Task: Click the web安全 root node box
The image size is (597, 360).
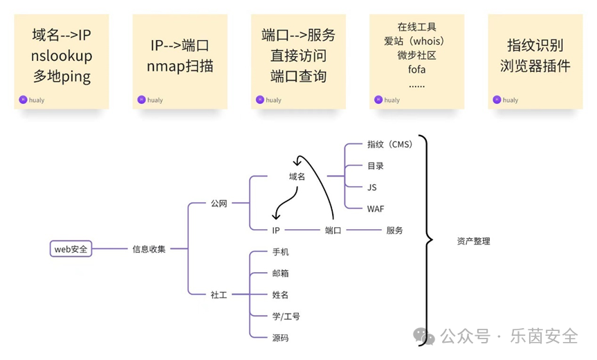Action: click(x=71, y=249)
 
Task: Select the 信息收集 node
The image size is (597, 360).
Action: click(x=149, y=249)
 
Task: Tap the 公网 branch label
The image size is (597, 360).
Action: click(x=219, y=204)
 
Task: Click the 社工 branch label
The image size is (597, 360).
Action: click(x=219, y=294)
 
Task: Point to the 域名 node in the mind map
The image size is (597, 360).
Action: click(x=297, y=177)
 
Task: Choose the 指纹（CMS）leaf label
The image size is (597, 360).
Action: click(x=389, y=145)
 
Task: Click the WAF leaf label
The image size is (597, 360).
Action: click(x=376, y=208)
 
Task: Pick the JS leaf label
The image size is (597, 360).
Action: click(x=372, y=187)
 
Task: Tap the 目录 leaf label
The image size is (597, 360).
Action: click(x=375, y=166)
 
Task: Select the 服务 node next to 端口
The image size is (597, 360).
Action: click(x=394, y=230)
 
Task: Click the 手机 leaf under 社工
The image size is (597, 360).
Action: click(x=280, y=251)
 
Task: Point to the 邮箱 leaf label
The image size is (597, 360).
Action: click(x=280, y=273)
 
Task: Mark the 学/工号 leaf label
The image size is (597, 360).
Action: click(x=286, y=316)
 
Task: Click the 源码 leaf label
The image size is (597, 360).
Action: click(x=280, y=338)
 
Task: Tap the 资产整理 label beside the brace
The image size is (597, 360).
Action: click(x=473, y=242)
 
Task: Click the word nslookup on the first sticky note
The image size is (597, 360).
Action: click(x=61, y=55)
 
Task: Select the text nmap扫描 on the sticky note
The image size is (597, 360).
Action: click(x=180, y=66)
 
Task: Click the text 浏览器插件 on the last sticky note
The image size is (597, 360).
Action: click(x=535, y=66)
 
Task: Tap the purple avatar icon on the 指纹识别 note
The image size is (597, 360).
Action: click(x=497, y=100)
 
